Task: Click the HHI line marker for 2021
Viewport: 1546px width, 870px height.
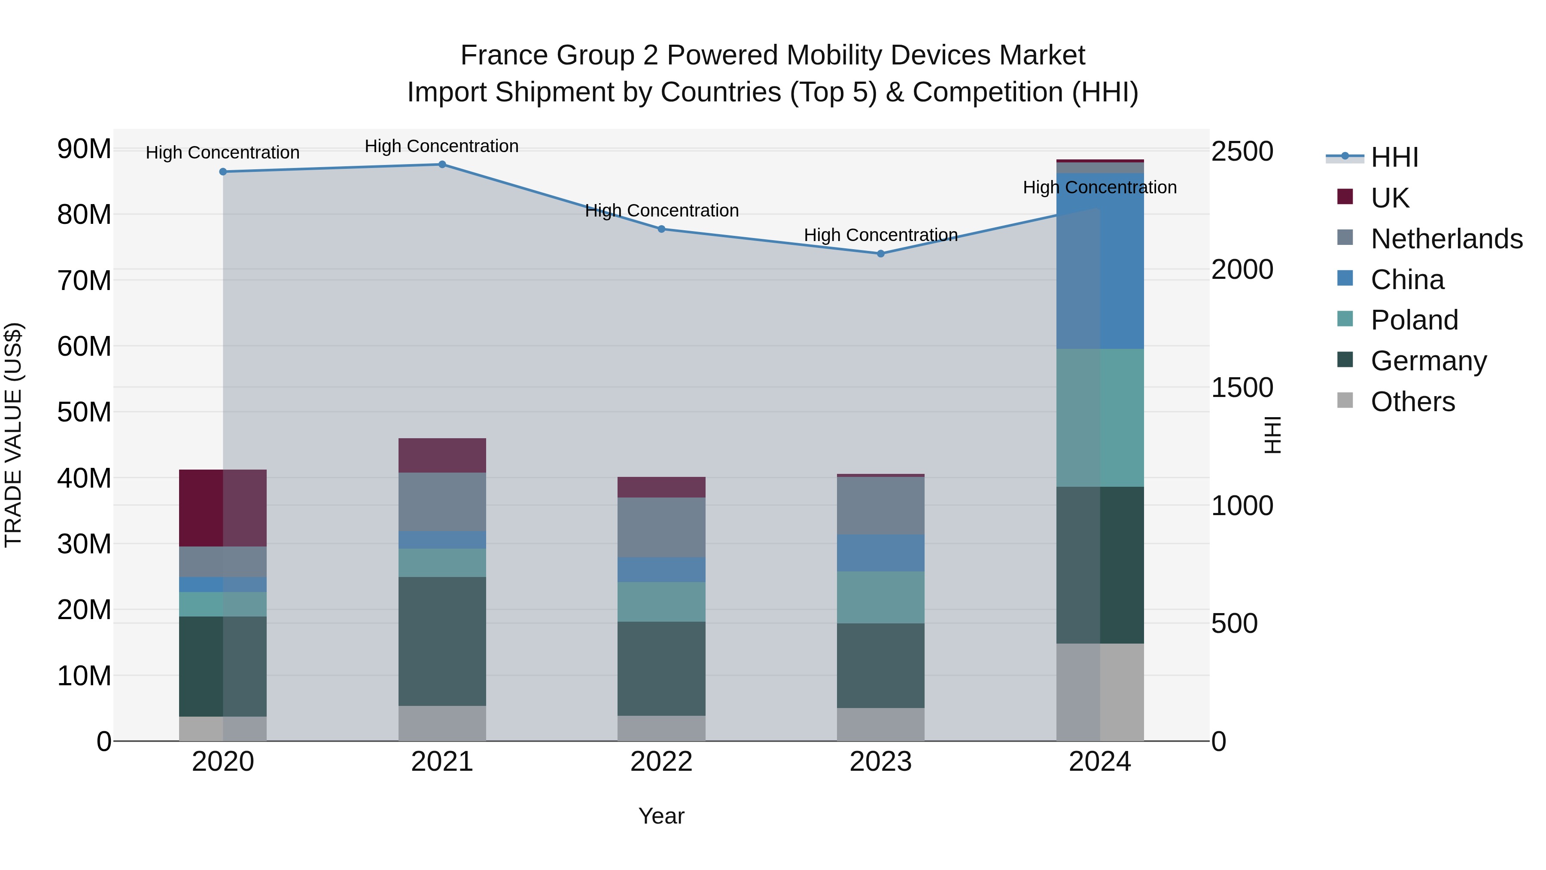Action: (442, 165)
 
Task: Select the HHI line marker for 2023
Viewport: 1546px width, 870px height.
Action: (880, 254)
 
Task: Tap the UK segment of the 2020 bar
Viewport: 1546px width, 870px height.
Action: (222, 508)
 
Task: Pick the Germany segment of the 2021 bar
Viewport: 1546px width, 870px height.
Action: (442, 641)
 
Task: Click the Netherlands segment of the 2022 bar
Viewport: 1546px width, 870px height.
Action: (661, 527)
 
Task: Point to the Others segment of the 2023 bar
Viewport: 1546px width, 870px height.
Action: (880, 725)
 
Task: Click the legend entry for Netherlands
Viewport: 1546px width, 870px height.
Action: (1446, 239)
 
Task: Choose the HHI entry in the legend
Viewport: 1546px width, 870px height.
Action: (1394, 157)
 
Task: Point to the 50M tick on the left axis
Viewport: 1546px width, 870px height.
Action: (84, 412)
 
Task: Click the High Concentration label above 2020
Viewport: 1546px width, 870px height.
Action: (222, 153)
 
